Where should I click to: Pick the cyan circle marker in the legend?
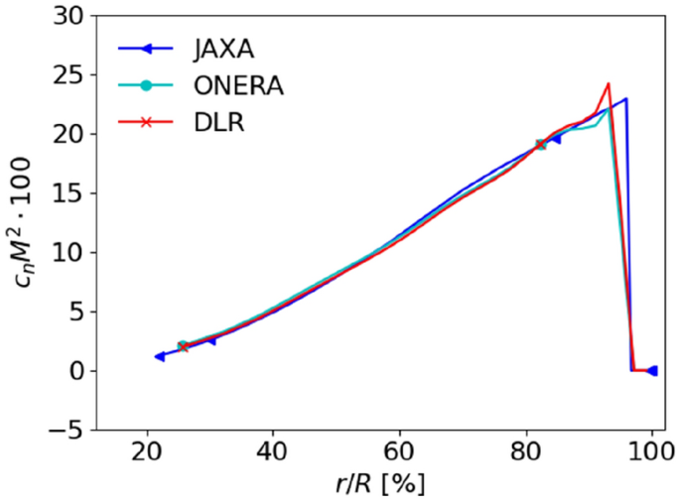tap(145, 86)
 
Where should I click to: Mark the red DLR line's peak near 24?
tap(609, 83)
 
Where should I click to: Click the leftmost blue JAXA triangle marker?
tap(159, 356)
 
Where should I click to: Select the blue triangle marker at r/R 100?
tap(651, 370)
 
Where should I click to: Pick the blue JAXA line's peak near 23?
tap(625, 99)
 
